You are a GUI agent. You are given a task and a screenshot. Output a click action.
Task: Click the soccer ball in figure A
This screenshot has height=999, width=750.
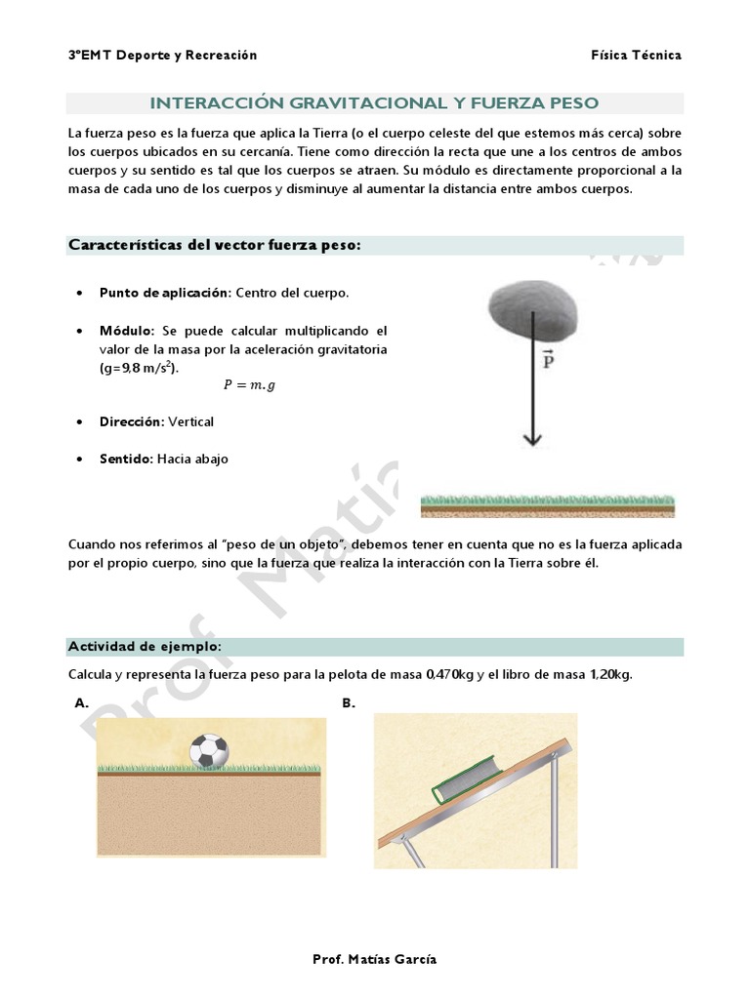point(208,750)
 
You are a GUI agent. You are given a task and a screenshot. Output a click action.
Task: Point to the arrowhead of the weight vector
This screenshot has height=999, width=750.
point(531,438)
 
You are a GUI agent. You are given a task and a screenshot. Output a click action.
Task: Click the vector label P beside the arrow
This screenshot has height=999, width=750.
point(548,360)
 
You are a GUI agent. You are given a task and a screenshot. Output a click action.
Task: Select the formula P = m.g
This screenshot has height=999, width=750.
point(249,384)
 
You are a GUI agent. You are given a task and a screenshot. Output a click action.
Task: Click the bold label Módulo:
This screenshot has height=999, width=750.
point(127,331)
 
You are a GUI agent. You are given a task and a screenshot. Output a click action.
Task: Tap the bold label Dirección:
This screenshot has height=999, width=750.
point(132,421)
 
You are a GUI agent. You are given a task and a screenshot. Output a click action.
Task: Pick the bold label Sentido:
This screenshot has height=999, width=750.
point(126,459)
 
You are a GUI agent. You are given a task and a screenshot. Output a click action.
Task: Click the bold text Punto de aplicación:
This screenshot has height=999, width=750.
point(164,293)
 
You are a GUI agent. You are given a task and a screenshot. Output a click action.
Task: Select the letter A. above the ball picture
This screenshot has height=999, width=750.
point(82,702)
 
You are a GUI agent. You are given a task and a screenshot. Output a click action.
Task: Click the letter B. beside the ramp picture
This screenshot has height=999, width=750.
point(349,702)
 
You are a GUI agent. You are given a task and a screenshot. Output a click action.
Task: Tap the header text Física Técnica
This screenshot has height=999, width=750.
point(636,56)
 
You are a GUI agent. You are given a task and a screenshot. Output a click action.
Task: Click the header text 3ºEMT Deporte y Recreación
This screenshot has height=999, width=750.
point(162,56)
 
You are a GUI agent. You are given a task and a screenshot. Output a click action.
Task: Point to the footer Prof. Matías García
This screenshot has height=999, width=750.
point(375,959)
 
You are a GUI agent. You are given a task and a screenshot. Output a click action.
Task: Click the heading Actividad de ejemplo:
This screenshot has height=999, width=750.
point(145,647)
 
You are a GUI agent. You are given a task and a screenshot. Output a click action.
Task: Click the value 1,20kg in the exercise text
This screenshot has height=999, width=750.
point(605,675)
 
